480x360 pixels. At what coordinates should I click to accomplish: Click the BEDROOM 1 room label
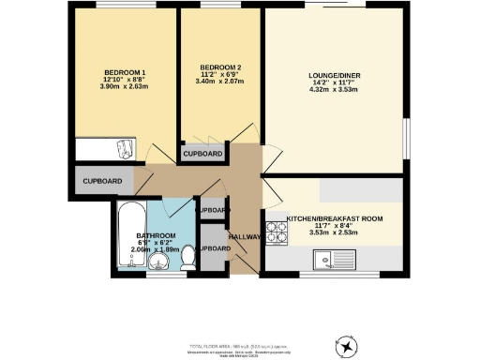[125, 73]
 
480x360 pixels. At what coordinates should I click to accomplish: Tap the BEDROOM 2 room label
[221, 67]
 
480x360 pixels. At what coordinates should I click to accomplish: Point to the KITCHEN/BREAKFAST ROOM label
[335, 217]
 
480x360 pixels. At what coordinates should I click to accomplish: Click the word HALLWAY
[246, 236]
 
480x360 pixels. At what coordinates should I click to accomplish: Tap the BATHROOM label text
[156, 235]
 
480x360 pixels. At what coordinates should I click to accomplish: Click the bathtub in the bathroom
[127, 241]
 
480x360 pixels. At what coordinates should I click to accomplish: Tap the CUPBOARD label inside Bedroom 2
[202, 154]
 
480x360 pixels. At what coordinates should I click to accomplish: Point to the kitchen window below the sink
[334, 276]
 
